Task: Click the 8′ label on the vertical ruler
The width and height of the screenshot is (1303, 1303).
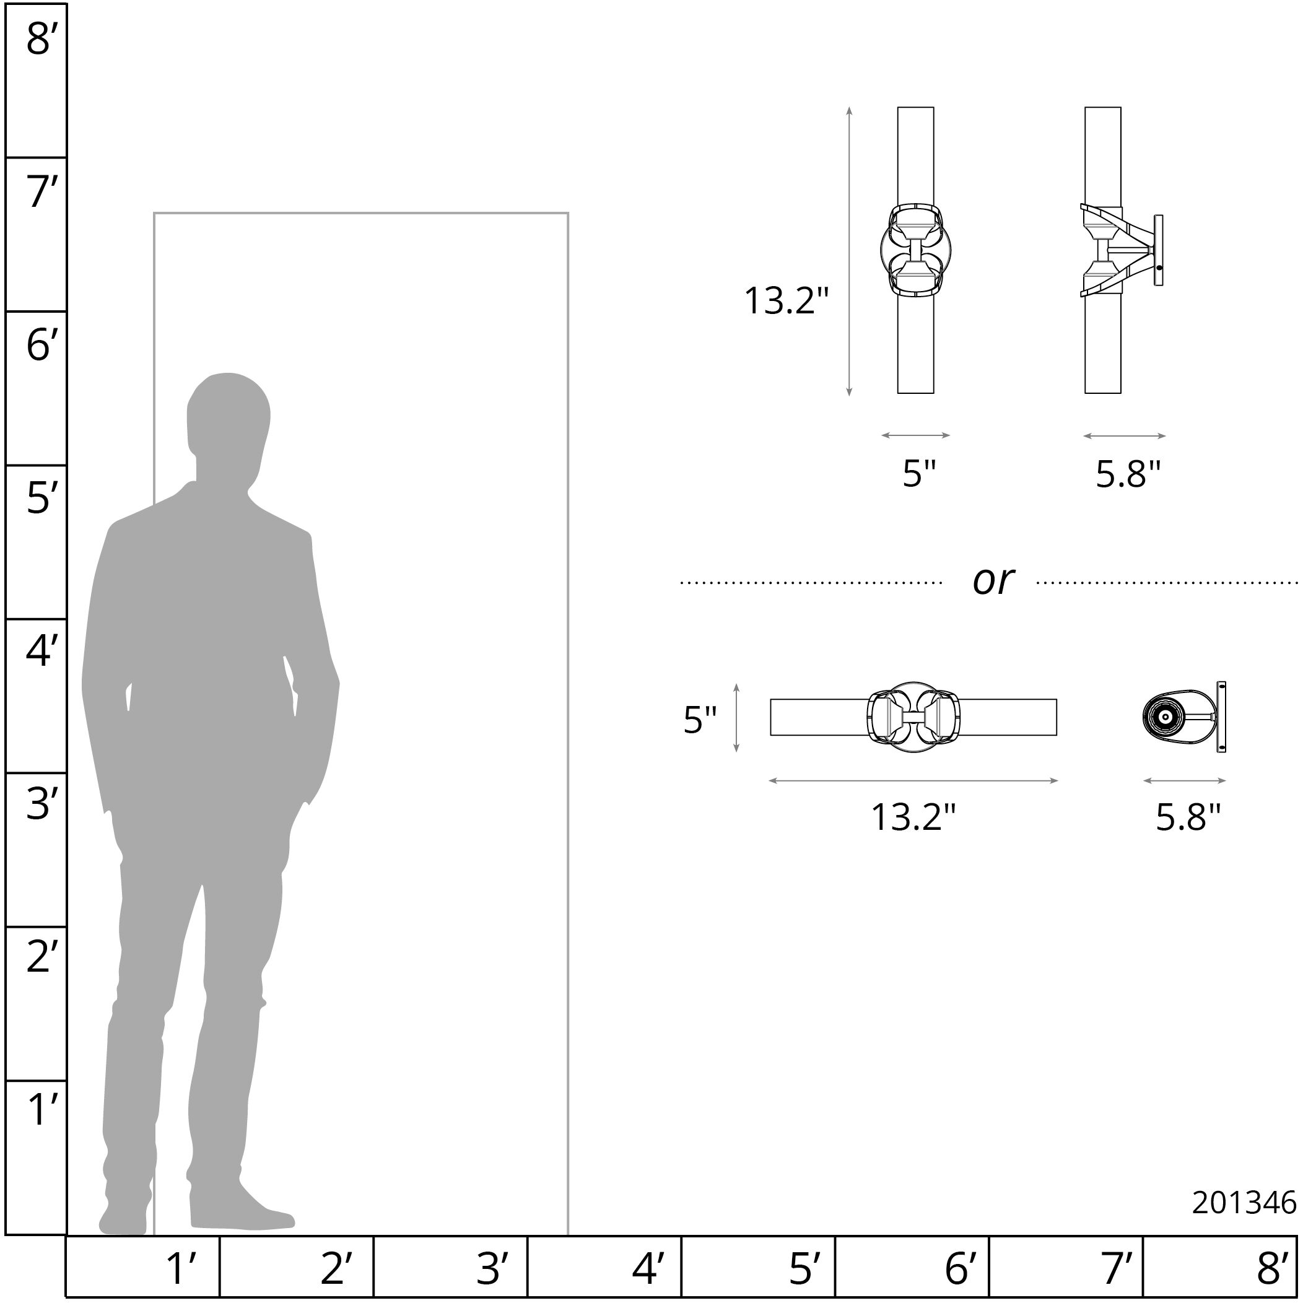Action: tap(38, 38)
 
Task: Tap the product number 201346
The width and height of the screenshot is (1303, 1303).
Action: tap(1244, 1203)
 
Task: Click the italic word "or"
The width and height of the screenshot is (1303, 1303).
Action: tap(993, 581)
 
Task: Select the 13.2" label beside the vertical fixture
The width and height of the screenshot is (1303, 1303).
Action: tap(786, 301)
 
